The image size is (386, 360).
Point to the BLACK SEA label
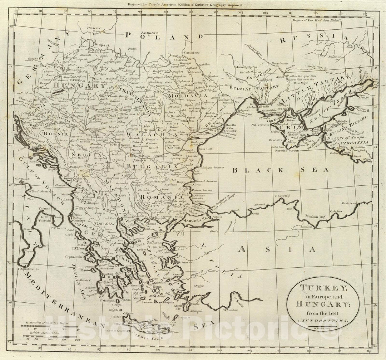(281, 170)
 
